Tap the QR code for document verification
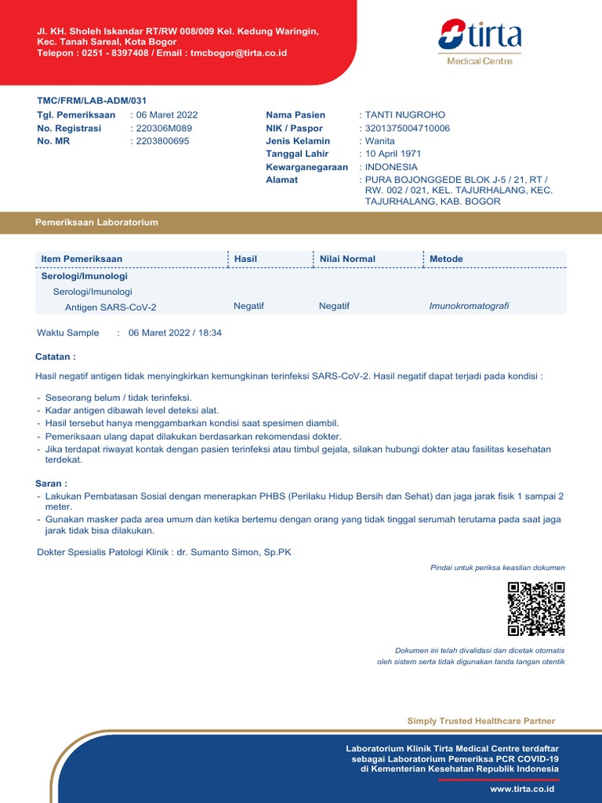pyautogui.click(x=536, y=609)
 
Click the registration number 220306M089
pyautogui.click(x=164, y=128)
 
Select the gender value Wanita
pyautogui.click(x=380, y=141)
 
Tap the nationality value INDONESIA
pyautogui.click(x=391, y=167)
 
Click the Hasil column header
pyautogui.click(x=245, y=259)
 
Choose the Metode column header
pyautogui.click(x=446, y=259)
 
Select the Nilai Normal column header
pyautogui.click(x=347, y=259)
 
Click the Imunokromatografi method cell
pyautogui.click(x=469, y=306)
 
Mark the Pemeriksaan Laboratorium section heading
pyautogui.click(x=96, y=222)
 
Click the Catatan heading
pyautogui.click(x=56, y=356)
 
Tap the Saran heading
pyautogui.click(x=51, y=483)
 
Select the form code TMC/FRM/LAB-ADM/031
pyautogui.click(x=92, y=100)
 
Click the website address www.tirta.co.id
pyautogui.click(x=522, y=789)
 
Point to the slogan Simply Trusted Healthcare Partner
pyautogui.click(x=481, y=721)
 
